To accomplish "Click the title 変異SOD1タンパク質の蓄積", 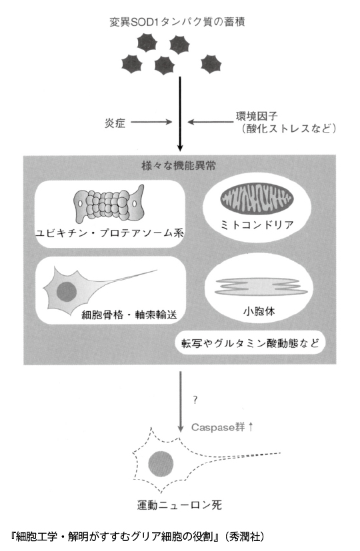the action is pos(177,22).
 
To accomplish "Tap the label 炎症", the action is pos(115,123).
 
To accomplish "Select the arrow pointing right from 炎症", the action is pos(151,122).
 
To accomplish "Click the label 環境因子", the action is pos(257,116).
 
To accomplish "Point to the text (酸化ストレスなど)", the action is pos(288,129).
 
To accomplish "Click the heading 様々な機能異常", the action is pos(179,165).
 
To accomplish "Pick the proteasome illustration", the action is pos(109,204).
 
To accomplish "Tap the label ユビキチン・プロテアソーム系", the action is pos(110,233).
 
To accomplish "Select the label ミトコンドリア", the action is pos(257,225).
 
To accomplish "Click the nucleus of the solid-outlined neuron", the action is pos(66,291).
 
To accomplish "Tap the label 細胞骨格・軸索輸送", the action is pos(129,314).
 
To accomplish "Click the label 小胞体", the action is pos(259,310).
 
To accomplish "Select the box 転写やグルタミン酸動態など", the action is pos(250,342).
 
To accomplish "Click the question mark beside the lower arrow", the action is pos(195,400).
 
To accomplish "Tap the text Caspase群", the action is pos(217,427).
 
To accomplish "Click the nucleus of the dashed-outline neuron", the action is pos(161,464).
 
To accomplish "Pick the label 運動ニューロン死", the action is pos(179,505).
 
